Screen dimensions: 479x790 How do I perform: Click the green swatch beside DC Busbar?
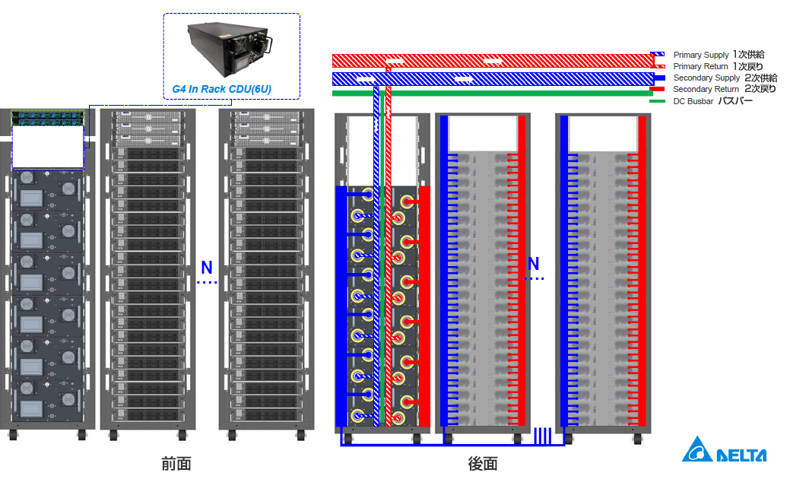click(658, 101)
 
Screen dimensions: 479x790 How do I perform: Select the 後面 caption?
click(483, 463)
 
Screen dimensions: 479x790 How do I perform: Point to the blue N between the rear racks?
click(534, 265)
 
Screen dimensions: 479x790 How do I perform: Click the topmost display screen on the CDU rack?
click(33, 198)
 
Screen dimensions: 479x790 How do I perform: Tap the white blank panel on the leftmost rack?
click(48, 147)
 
